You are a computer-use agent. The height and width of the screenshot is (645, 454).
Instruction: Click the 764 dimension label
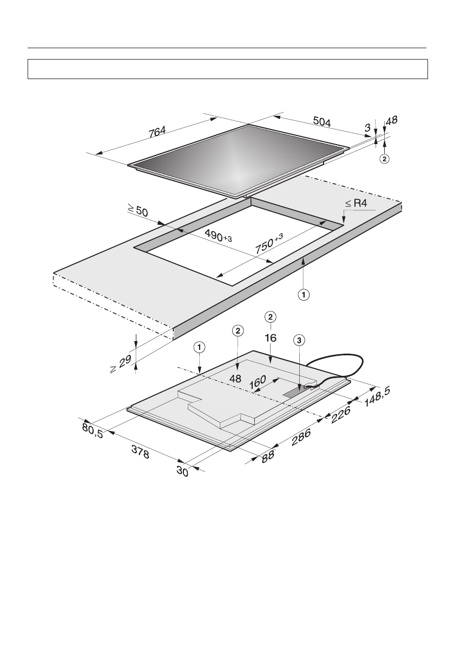pyautogui.click(x=157, y=131)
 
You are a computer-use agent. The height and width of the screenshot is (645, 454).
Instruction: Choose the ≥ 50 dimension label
pyautogui.click(x=137, y=210)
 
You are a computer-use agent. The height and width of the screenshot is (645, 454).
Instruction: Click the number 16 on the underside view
pyautogui.click(x=271, y=337)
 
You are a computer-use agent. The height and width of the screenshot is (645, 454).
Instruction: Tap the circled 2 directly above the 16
pyautogui.click(x=271, y=316)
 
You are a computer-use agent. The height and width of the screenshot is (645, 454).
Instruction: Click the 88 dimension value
pyautogui.click(x=267, y=455)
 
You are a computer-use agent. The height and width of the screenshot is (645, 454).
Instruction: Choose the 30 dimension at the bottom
pyautogui.click(x=182, y=471)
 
